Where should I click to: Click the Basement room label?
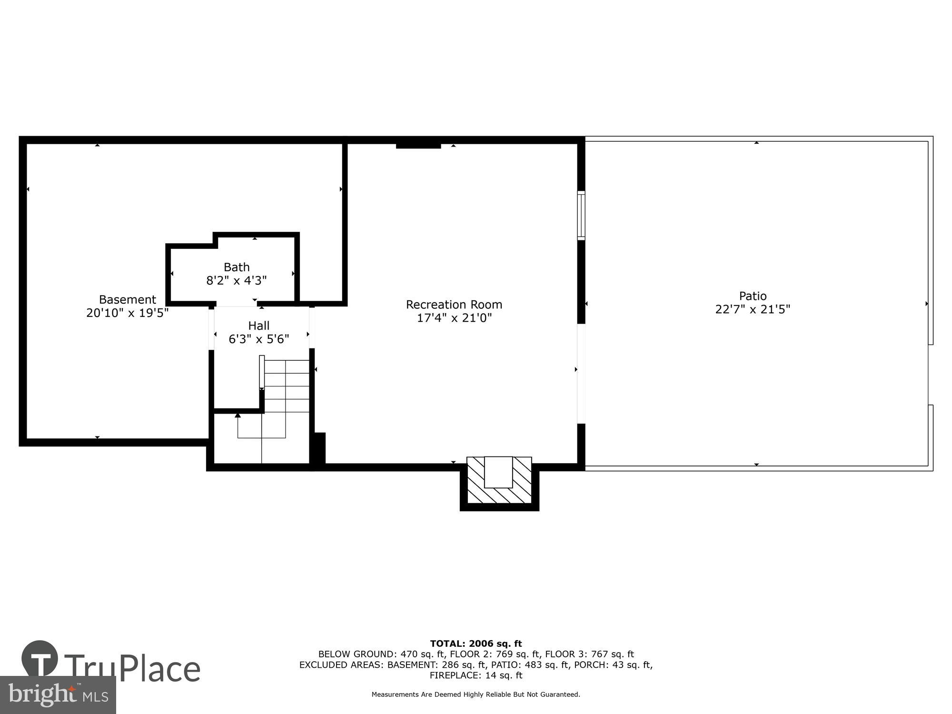coord(127,299)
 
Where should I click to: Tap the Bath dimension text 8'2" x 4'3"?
coord(236,280)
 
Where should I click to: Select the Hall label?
coord(258,326)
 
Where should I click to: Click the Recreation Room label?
coord(454,305)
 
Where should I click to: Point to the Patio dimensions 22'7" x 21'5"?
coord(752,309)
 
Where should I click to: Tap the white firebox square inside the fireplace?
coord(498,472)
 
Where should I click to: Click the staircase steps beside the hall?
coord(287,386)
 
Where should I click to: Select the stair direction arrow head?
coord(238,416)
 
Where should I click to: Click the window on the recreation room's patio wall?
coord(581,215)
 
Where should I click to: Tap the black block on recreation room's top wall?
coord(418,145)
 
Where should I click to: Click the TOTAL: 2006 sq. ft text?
coord(476,644)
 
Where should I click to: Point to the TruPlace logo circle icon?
coord(40,659)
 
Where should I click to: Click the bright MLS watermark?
coord(58,695)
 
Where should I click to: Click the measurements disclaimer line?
coord(476,694)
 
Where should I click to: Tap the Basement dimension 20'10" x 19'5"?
coord(127,313)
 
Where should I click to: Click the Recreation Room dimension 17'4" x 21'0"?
coord(454,318)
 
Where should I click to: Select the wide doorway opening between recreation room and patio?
coord(581,374)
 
